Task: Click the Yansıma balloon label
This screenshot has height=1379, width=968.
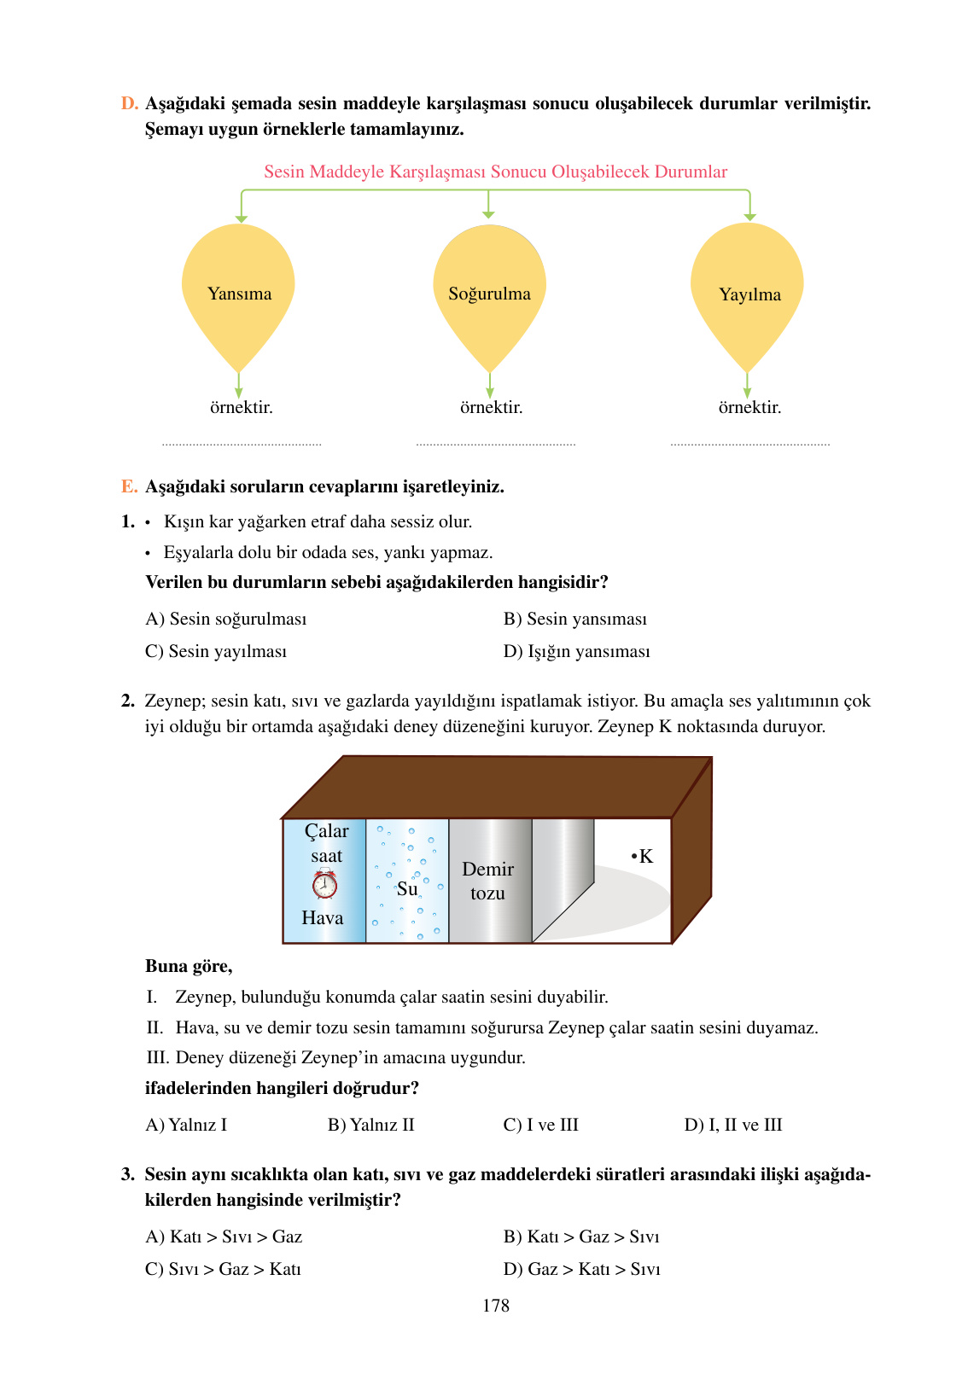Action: coord(239,294)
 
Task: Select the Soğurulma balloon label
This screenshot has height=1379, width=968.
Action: coord(489,294)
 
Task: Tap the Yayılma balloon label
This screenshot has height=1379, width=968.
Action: coord(749,294)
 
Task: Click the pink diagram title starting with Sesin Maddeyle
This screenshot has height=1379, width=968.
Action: coord(495,172)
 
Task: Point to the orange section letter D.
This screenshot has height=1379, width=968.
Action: coord(129,103)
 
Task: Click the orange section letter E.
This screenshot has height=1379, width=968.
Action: coord(129,486)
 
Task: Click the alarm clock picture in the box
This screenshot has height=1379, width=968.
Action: coord(324,884)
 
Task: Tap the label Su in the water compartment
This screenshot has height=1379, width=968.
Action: coord(407,888)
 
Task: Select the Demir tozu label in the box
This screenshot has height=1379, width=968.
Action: coord(487,881)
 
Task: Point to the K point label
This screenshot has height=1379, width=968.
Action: coord(643,856)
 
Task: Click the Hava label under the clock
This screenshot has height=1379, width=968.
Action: coord(322,917)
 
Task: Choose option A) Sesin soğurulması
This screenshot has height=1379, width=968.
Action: coord(225,619)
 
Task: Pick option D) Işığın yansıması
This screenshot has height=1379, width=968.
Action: coord(576,651)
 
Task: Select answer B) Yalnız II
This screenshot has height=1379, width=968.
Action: coord(370,1125)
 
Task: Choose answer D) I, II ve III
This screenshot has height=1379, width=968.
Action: coord(732,1125)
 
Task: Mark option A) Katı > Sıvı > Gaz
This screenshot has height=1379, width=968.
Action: coord(224,1236)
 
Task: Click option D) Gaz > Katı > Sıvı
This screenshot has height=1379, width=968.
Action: coord(581,1269)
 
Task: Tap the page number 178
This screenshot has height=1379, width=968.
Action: coord(495,1306)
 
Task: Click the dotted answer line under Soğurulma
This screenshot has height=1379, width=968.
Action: coord(495,443)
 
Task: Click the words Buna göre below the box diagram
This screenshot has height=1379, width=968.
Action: coord(189,966)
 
